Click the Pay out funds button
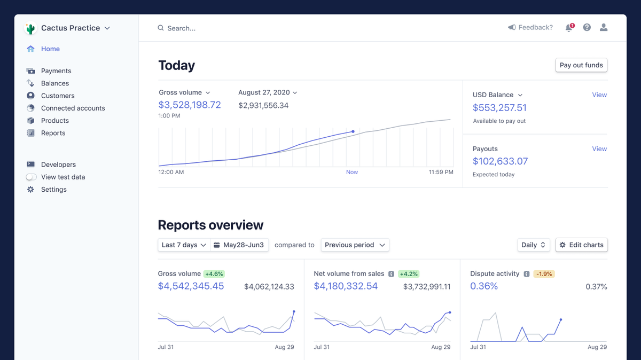[581, 65]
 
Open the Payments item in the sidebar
[56, 71]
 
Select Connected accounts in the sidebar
[73, 108]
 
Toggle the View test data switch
[32, 177]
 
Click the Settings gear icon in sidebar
[30, 190]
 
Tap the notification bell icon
[569, 28]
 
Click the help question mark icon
[587, 28]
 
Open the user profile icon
[604, 28]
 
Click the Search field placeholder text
[182, 28]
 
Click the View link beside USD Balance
[599, 95]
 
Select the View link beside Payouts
[599, 149]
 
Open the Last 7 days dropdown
[184, 245]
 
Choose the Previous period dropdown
[355, 245]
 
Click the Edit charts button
[581, 245]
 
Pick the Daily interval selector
[534, 245]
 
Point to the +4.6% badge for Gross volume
[214, 274]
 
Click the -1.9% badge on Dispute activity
[544, 274]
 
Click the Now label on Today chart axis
[352, 173]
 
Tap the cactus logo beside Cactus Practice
[30, 29]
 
